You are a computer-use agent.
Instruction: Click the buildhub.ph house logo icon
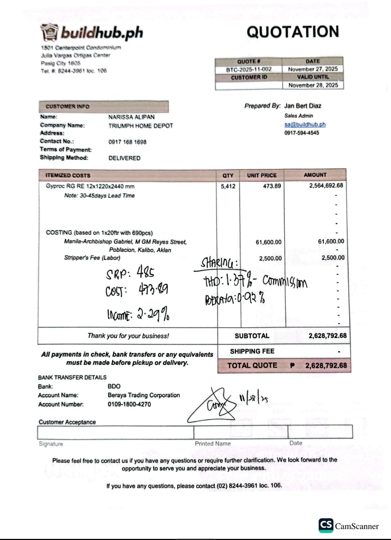pos(50,32)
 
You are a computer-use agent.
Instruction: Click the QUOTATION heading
pos(293,32)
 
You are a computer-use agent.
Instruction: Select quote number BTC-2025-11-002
pos(249,69)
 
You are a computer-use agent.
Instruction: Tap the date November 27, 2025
pos(313,69)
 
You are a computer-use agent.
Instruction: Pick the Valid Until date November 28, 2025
pos(313,85)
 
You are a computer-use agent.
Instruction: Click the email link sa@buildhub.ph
pos(305,124)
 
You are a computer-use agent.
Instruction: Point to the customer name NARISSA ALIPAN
pos(131,117)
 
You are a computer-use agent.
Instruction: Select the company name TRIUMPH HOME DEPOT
pos(141,126)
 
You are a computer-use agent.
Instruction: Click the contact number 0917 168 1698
pos(127,142)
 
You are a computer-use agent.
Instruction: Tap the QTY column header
pos(228,175)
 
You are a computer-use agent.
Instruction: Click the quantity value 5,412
pos(228,187)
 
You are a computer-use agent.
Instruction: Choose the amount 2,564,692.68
pos(326,185)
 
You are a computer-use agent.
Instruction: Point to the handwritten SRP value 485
pos(146,272)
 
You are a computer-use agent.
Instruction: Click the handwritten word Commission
pos(285,281)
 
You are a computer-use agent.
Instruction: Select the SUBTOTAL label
pos(252,336)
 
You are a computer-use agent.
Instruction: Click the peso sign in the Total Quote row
pos(292,366)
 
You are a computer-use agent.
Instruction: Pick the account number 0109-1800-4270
pos(129,404)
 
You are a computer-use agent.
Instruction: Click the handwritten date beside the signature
pos(253,399)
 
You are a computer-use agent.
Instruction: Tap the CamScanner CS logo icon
pos(326,525)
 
